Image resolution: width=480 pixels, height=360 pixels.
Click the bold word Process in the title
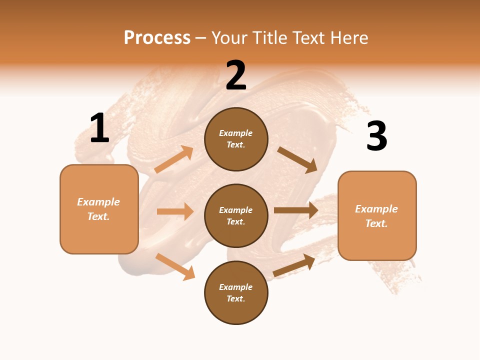(x=157, y=38)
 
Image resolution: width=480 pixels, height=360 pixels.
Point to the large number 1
(x=99, y=128)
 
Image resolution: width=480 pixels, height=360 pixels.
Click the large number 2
(x=236, y=75)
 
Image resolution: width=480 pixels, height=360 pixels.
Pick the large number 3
(x=376, y=136)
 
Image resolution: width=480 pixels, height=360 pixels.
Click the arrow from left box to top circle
(x=174, y=159)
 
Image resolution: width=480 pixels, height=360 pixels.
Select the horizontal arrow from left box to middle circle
(x=175, y=211)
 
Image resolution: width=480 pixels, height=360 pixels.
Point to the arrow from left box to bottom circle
(x=175, y=266)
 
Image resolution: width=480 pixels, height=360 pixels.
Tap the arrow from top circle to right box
(x=297, y=160)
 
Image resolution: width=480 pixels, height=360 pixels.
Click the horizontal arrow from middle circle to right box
(x=296, y=210)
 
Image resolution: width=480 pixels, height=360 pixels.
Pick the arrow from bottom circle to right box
(x=294, y=265)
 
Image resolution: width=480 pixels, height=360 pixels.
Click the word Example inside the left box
(x=98, y=202)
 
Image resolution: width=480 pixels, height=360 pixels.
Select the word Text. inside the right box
(x=376, y=223)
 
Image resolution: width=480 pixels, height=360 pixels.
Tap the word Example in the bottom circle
(x=236, y=287)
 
